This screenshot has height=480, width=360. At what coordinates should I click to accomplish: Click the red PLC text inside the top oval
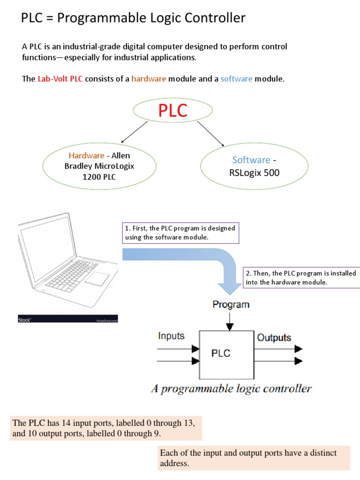pos(172,111)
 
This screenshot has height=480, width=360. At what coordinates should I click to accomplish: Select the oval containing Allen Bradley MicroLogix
pos(99,166)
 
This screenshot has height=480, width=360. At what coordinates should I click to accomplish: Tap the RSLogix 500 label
pos(255,172)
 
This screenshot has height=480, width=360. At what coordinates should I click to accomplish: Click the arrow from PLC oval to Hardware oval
pos(135,132)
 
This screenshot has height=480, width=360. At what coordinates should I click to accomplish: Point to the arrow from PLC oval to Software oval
pos(210,133)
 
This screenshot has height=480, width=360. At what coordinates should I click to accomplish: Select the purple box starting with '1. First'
pos(180,233)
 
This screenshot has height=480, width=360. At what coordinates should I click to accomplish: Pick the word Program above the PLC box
pos(231,305)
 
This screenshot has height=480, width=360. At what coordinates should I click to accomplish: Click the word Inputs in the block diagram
pos(171,336)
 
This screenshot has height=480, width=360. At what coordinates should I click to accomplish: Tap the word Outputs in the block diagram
pos(274,337)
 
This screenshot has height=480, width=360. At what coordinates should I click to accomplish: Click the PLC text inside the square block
pos(221,353)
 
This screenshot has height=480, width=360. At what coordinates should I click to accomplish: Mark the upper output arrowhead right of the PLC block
pos(298,349)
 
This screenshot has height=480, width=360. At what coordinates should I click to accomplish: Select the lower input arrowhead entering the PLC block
pos(195,361)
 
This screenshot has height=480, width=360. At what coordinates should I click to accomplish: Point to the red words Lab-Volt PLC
pos(60,79)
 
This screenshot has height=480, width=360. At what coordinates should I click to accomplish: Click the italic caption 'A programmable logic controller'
pos(231,389)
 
